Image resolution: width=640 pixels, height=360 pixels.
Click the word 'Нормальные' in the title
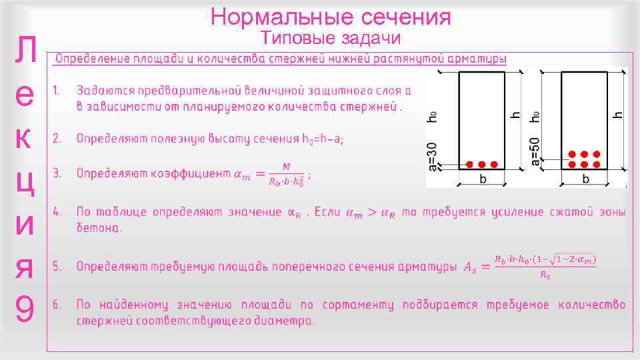[277, 16]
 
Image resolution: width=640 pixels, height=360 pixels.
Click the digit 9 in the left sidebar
[25, 309]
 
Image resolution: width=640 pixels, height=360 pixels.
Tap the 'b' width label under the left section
[483, 179]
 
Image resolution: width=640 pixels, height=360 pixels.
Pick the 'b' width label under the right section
[585, 179]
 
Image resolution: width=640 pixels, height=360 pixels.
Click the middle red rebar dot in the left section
[481, 164]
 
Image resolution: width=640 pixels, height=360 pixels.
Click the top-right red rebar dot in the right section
[597, 154]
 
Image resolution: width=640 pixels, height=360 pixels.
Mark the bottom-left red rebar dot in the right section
[572, 164]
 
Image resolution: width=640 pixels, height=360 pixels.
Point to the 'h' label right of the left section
[515, 114]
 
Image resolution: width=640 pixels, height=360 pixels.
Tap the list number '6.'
[58, 305]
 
